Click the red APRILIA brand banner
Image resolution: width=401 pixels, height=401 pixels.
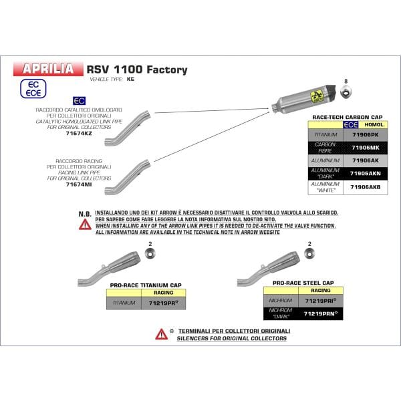tap(49, 68)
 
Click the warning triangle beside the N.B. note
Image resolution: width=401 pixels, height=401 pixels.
tap(85, 225)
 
